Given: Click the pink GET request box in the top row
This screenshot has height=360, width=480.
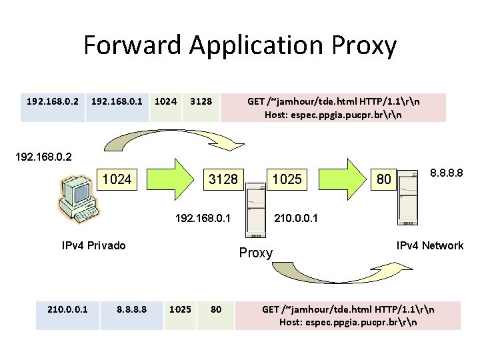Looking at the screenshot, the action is coord(333,107).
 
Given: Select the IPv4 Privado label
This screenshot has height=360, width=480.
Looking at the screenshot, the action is coord(93,245).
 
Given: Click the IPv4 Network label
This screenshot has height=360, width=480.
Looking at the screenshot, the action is coord(429,245).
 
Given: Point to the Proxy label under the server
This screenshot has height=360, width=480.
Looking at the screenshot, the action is coord(256,253).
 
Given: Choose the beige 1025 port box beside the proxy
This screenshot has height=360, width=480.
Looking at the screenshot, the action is coord(287,179).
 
